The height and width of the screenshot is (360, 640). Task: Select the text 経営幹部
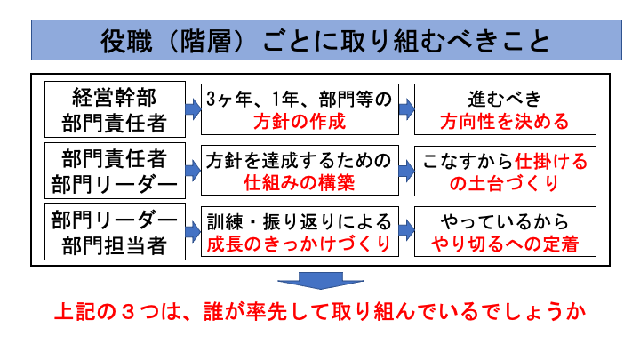[113, 96]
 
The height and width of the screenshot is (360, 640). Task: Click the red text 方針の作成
[298, 121]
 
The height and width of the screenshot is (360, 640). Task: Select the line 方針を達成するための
[298, 160]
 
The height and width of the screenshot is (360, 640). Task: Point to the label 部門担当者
[113, 245]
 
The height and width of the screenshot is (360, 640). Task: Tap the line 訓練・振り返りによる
[298, 221]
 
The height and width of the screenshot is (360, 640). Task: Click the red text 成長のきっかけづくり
[298, 245]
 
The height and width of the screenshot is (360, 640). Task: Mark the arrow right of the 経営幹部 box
[192, 108]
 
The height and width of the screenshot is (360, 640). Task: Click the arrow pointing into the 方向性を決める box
[406, 108]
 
